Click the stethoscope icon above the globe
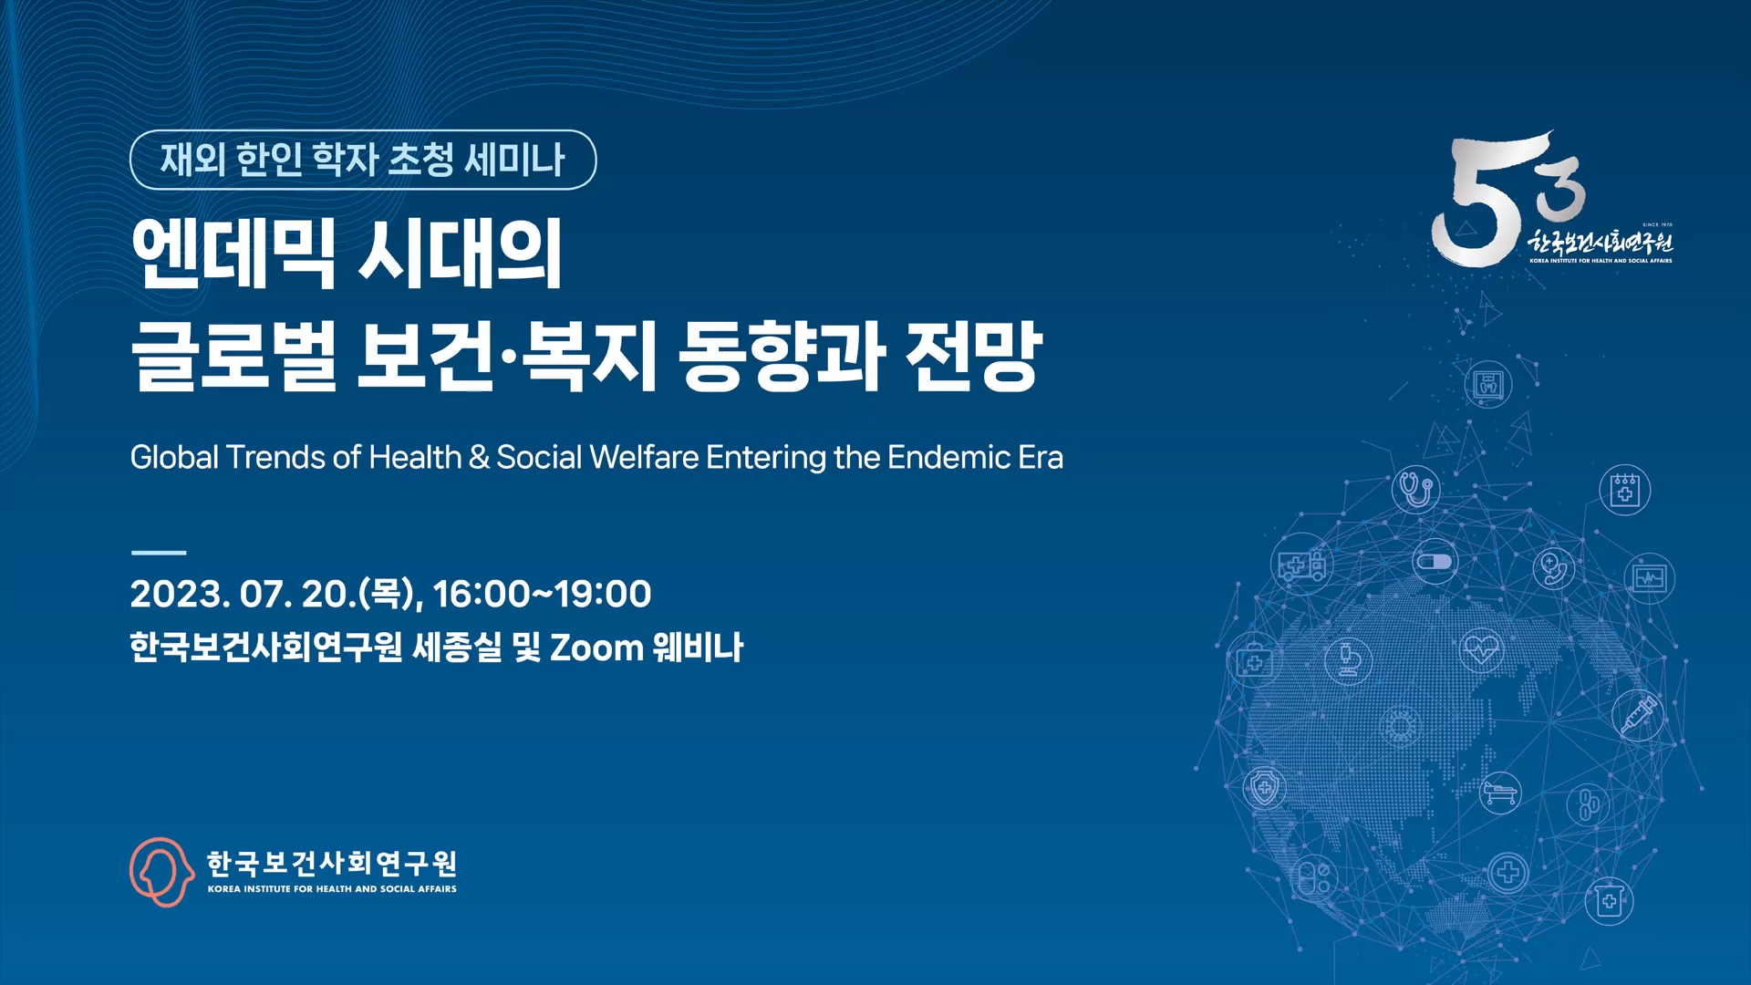coord(1415,489)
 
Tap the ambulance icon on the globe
coord(1301,565)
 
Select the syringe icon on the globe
coord(1638,714)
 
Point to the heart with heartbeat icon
coord(1481,648)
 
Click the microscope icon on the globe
coord(1349,658)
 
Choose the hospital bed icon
coord(1500,791)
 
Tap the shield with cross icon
coord(1265,787)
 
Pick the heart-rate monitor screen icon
coord(1650,578)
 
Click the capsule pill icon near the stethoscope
coord(1434,561)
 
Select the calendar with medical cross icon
coord(1624,490)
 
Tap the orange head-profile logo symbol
coord(161,872)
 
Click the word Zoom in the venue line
coord(596,648)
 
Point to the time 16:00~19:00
coord(542,594)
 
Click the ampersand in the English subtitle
coord(479,457)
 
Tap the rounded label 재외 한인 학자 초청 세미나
coord(363,160)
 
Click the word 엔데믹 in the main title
coord(233,254)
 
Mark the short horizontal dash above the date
coord(159,553)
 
